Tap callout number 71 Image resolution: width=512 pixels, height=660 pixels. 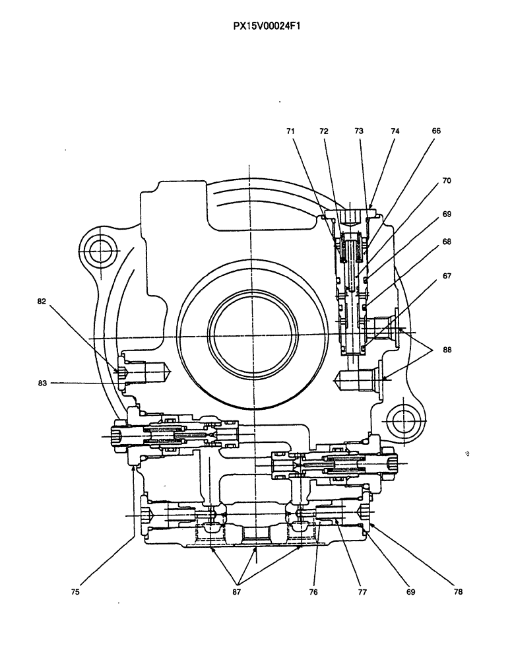(x=291, y=131)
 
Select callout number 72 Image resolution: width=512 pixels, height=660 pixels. (x=324, y=131)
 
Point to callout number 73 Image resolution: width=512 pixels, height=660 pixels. (x=359, y=131)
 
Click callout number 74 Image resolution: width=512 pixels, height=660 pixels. (x=395, y=131)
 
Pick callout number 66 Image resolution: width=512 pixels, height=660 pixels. (x=436, y=131)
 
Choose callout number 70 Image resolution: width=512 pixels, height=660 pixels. (x=447, y=180)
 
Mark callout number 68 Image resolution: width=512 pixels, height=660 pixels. (x=447, y=242)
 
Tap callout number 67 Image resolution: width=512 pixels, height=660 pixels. (x=447, y=277)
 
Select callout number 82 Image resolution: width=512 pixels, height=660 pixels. (x=42, y=302)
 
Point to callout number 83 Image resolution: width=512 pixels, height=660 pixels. (x=42, y=382)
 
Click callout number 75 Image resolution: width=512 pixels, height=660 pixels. (x=76, y=592)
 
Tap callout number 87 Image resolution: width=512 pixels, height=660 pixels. (x=236, y=592)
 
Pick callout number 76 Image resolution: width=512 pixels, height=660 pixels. (x=313, y=592)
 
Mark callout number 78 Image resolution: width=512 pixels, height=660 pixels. (x=458, y=592)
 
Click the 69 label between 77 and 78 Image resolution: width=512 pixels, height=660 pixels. (x=410, y=592)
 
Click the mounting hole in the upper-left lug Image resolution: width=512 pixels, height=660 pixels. (x=100, y=249)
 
